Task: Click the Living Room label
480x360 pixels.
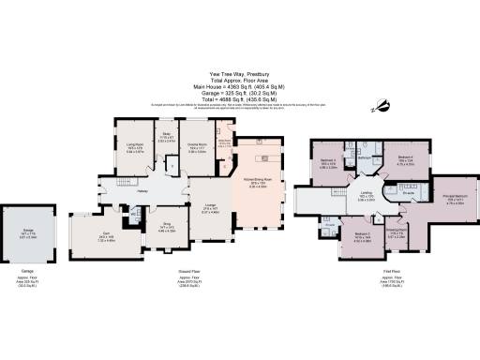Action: tap(134, 143)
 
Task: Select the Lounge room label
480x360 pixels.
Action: tap(208, 209)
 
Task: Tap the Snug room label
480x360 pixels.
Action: tap(167, 226)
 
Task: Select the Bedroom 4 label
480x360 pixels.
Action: tap(405, 157)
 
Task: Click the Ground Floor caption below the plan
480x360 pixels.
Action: tap(191, 271)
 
